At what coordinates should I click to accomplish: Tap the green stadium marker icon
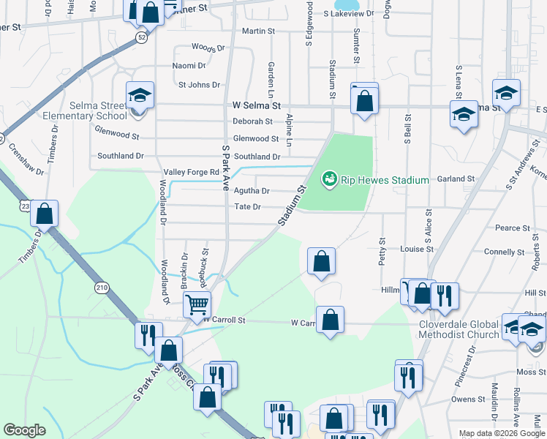click(x=329, y=178)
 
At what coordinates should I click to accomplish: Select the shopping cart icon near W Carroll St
click(x=197, y=303)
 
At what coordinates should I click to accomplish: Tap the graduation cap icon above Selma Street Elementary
click(x=140, y=96)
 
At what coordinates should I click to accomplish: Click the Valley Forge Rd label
click(x=192, y=172)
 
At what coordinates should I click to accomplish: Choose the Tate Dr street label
click(x=247, y=207)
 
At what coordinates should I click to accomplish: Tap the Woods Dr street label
click(x=208, y=48)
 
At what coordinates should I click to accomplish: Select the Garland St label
click(x=456, y=179)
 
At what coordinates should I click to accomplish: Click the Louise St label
click(x=418, y=249)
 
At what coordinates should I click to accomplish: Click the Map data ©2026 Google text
click(x=501, y=433)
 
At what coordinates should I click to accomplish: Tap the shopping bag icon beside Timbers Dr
click(x=45, y=214)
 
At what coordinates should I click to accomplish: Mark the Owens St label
click(x=464, y=399)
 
